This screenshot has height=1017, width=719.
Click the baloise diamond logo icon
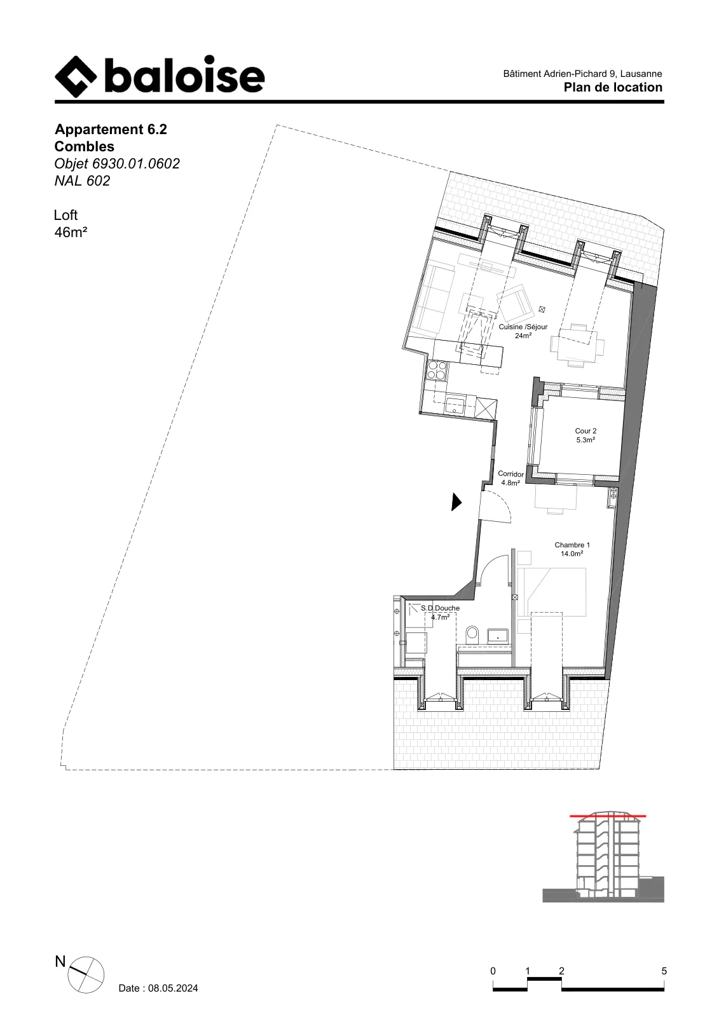coord(76,77)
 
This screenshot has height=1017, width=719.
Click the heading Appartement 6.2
coord(111,130)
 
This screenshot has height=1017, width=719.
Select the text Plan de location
coord(613,87)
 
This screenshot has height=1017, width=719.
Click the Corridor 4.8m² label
coord(510,479)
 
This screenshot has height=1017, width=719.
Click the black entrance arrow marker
coord(456,502)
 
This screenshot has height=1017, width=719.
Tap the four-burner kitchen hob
coord(119,370)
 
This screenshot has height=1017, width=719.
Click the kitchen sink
coord(137,404)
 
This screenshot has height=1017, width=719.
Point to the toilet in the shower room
coord(472,634)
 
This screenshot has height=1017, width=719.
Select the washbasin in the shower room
coord(498,635)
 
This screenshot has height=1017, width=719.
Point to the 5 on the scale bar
coord(664,971)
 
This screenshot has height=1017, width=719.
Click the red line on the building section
coord(608,816)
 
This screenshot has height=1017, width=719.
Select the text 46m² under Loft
coord(71,233)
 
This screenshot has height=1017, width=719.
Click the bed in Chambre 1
coord(552,592)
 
